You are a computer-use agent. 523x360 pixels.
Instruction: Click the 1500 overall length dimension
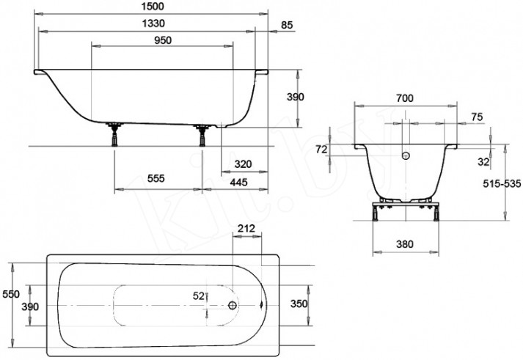point(153,7)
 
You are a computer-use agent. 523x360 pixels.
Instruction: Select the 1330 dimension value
point(153,23)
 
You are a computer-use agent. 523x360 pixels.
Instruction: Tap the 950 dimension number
point(163,40)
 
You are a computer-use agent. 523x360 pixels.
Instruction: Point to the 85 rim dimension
point(287,25)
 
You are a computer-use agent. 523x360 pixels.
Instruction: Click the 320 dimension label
point(243,164)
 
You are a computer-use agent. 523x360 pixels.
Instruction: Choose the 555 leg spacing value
point(156,179)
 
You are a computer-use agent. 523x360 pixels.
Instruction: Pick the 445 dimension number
point(239,183)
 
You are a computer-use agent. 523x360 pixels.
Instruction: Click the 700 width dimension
point(405,98)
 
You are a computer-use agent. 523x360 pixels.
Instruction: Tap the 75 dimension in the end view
point(477,117)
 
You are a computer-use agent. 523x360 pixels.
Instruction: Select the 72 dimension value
point(321,150)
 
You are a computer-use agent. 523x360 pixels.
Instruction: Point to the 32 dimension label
point(483,162)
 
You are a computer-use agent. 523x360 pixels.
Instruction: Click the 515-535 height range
point(502,184)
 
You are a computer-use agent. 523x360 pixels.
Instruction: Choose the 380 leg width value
point(405,244)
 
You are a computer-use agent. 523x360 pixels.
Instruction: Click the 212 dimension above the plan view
point(246,228)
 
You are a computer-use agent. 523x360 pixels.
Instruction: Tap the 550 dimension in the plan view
point(11,294)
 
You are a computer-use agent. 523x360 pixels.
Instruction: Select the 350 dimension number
point(299,304)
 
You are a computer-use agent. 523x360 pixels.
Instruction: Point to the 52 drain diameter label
point(199,296)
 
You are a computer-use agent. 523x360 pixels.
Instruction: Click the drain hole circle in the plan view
point(233,305)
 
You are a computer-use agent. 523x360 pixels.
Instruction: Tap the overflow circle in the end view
point(406,155)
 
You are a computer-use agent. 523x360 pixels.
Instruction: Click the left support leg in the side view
point(114,134)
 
